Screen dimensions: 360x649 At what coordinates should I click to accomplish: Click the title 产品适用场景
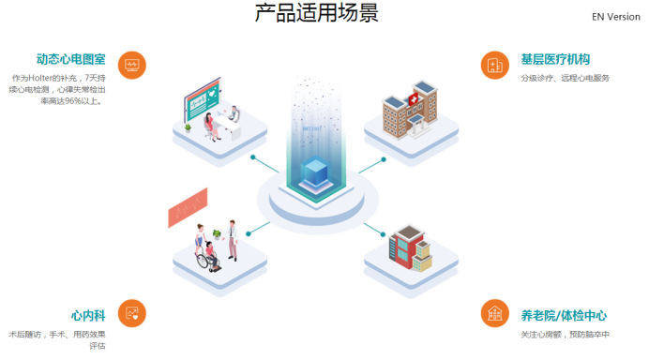click(x=317, y=14)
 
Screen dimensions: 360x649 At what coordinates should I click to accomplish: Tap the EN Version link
click(x=616, y=17)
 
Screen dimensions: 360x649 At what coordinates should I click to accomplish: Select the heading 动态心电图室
click(x=70, y=59)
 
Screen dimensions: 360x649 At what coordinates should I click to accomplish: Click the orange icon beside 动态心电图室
click(x=133, y=64)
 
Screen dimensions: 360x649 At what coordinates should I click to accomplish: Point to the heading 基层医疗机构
click(x=555, y=59)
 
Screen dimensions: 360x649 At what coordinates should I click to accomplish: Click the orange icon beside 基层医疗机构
click(x=493, y=64)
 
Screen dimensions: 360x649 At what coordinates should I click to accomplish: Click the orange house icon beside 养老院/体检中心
click(x=493, y=313)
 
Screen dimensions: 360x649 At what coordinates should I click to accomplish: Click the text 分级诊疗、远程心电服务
click(x=565, y=78)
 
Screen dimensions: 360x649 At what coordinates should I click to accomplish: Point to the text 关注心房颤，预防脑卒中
click(x=565, y=334)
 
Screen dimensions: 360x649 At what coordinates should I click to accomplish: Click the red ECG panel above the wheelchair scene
click(x=187, y=208)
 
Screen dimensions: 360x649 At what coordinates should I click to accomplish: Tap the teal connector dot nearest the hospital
click(x=384, y=159)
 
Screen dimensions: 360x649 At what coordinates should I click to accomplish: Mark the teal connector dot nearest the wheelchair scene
click(x=249, y=232)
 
